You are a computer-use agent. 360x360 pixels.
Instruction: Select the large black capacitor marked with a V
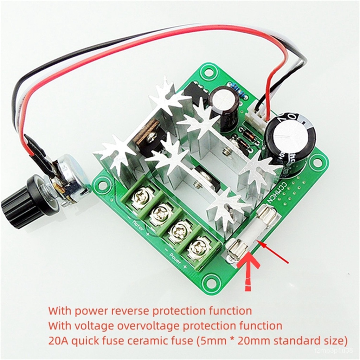[x=290, y=144]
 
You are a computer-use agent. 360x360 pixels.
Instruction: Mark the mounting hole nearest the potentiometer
[x=102, y=184]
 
